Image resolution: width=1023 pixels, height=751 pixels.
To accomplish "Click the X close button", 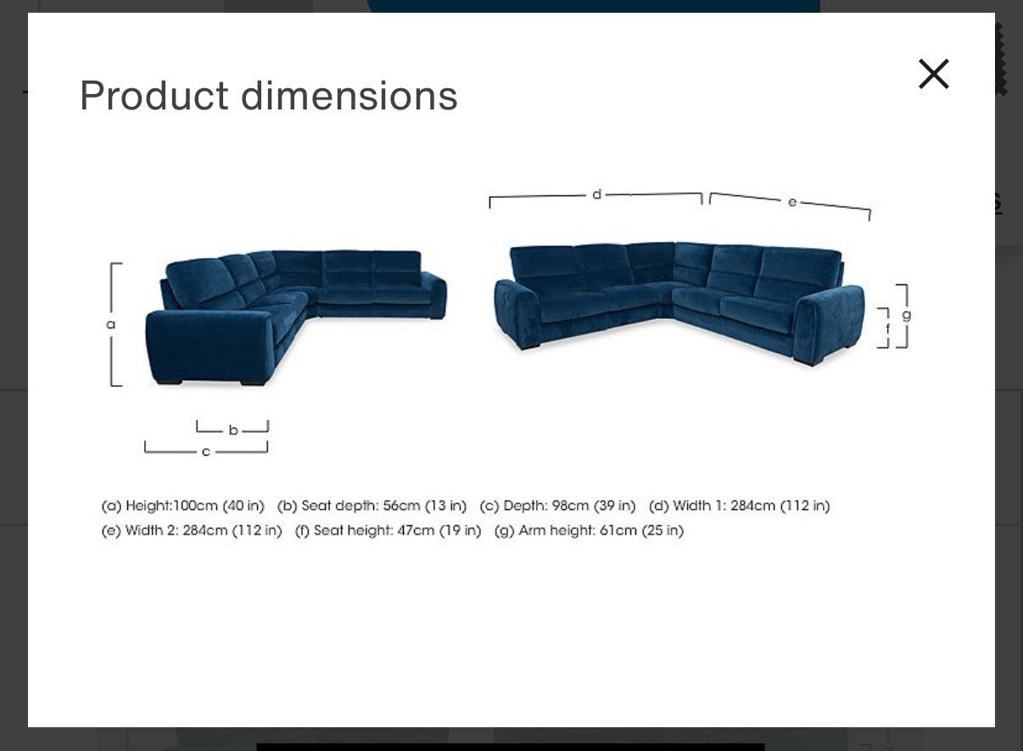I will [933, 74].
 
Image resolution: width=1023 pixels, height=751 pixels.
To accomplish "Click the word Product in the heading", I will [154, 95].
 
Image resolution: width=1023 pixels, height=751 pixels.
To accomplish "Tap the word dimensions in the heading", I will [349, 95].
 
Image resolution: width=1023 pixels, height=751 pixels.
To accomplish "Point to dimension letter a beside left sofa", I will [111, 324].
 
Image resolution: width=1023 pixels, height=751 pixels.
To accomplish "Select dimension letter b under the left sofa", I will [233, 430].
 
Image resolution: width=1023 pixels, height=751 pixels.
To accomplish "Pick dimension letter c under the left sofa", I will [205, 451].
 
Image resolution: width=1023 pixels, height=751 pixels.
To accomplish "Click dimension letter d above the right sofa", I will [597, 194].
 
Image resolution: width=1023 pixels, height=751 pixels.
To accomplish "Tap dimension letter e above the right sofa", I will [791, 202].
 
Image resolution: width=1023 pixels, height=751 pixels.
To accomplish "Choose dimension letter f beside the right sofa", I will [888, 328].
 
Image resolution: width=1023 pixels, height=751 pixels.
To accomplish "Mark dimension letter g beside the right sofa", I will [906, 315].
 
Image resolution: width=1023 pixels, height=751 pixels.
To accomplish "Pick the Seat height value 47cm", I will [416, 530].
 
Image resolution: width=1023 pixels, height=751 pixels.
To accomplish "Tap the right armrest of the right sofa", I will [829, 322].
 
